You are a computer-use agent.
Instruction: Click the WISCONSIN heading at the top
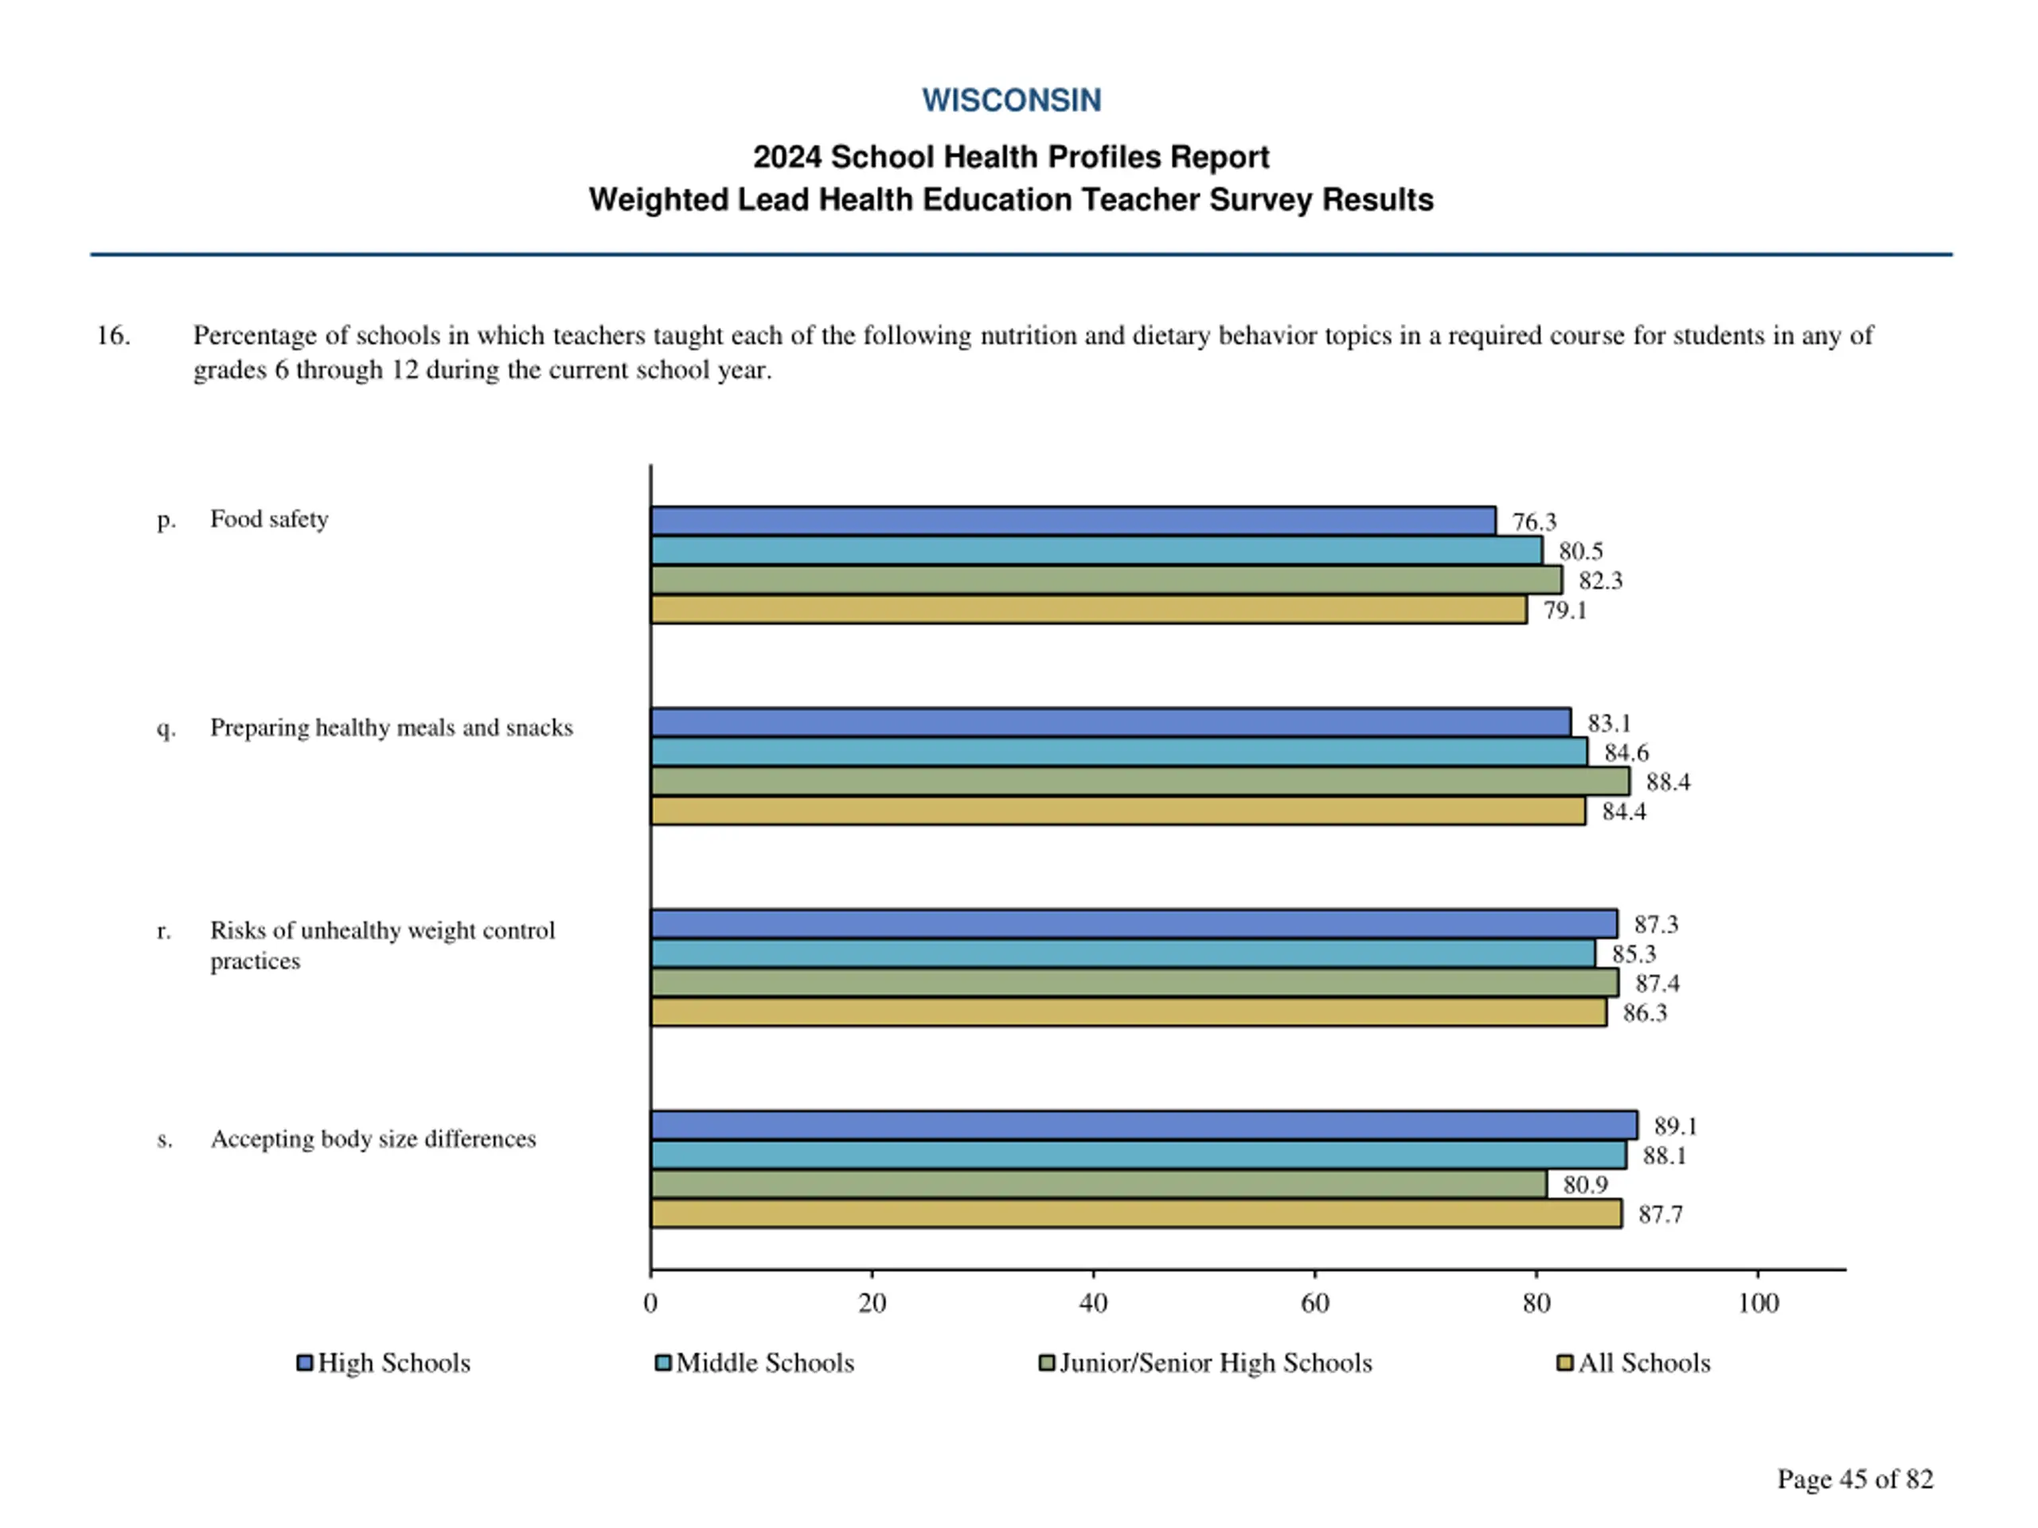click(1011, 100)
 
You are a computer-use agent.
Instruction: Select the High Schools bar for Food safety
click(1072, 521)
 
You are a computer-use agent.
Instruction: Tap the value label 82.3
click(1600, 581)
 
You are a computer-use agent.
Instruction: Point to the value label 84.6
click(1626, 754)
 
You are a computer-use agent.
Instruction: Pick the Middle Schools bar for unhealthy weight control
click(1122, 954)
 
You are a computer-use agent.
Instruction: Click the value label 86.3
click(1645, 1013)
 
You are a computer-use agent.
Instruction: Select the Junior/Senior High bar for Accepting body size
click(1099, 1185)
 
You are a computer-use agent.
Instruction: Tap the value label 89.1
click(1675, 1126)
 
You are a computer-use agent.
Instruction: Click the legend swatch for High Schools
click(305, 1363)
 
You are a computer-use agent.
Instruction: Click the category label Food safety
click(269, 520)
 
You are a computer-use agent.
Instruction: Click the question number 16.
click(113, 335)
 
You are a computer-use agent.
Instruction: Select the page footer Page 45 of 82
click(1855, 1479)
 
